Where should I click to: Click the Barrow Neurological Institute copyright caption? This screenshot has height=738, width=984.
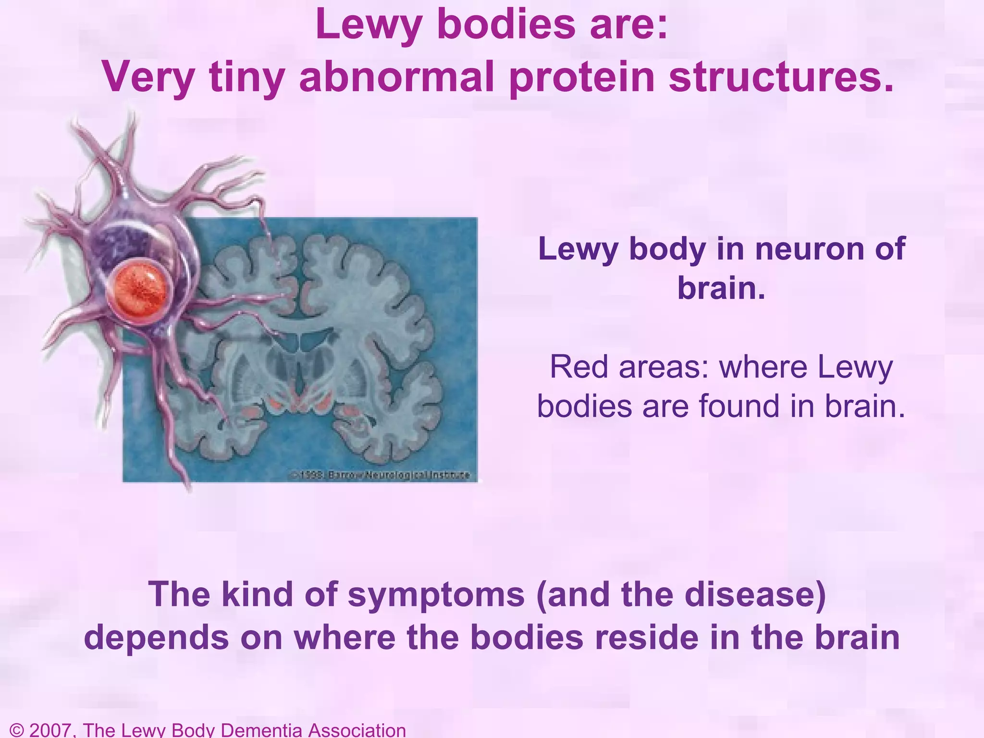tap(380, 475)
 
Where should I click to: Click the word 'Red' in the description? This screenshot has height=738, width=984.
tap(578, 367)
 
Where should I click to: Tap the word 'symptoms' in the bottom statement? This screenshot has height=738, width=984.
tap(436, 594)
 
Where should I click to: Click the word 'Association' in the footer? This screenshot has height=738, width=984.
tap(357, 730)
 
